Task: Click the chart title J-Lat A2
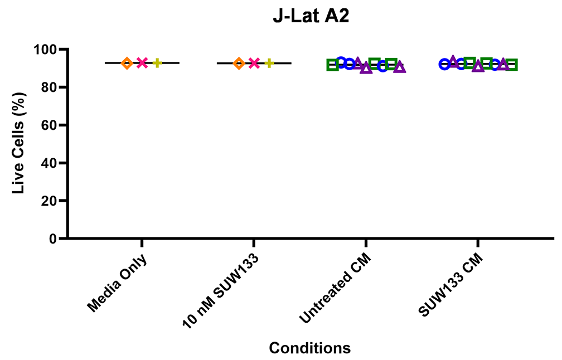coord(311,16)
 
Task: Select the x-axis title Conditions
coord(309,348)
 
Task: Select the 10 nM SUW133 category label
coord(220,290)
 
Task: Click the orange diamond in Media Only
coord(127,63)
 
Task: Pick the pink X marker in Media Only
coord(142,63)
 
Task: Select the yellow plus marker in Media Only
coord(157,63)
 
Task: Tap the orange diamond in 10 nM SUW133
coord(239,63)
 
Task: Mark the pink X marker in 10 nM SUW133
coord(254,63)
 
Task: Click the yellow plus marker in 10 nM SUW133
coord(269,63)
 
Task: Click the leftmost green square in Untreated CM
coord(332,65)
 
